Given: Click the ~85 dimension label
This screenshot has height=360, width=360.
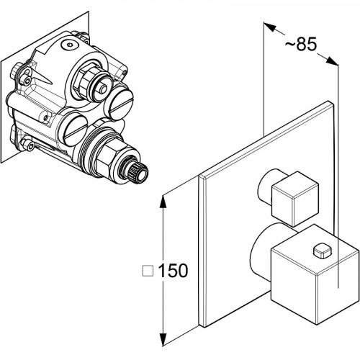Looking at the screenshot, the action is [x=301, y=44].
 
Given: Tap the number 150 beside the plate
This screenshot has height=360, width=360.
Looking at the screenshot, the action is [x=173, y=271].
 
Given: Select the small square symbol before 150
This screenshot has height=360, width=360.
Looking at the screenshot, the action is [x=148, y=271].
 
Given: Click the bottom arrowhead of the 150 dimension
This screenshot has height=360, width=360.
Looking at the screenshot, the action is [x=163, y=338].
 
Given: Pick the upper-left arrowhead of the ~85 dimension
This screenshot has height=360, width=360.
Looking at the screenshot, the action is [x=269, y=27].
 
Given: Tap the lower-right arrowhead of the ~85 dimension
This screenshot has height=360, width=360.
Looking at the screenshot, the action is [x=333, y=61].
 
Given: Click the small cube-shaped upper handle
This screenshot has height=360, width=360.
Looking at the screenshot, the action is [x=295, y=199].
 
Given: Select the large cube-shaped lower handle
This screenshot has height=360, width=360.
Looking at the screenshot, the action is [x=315, y=274].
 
